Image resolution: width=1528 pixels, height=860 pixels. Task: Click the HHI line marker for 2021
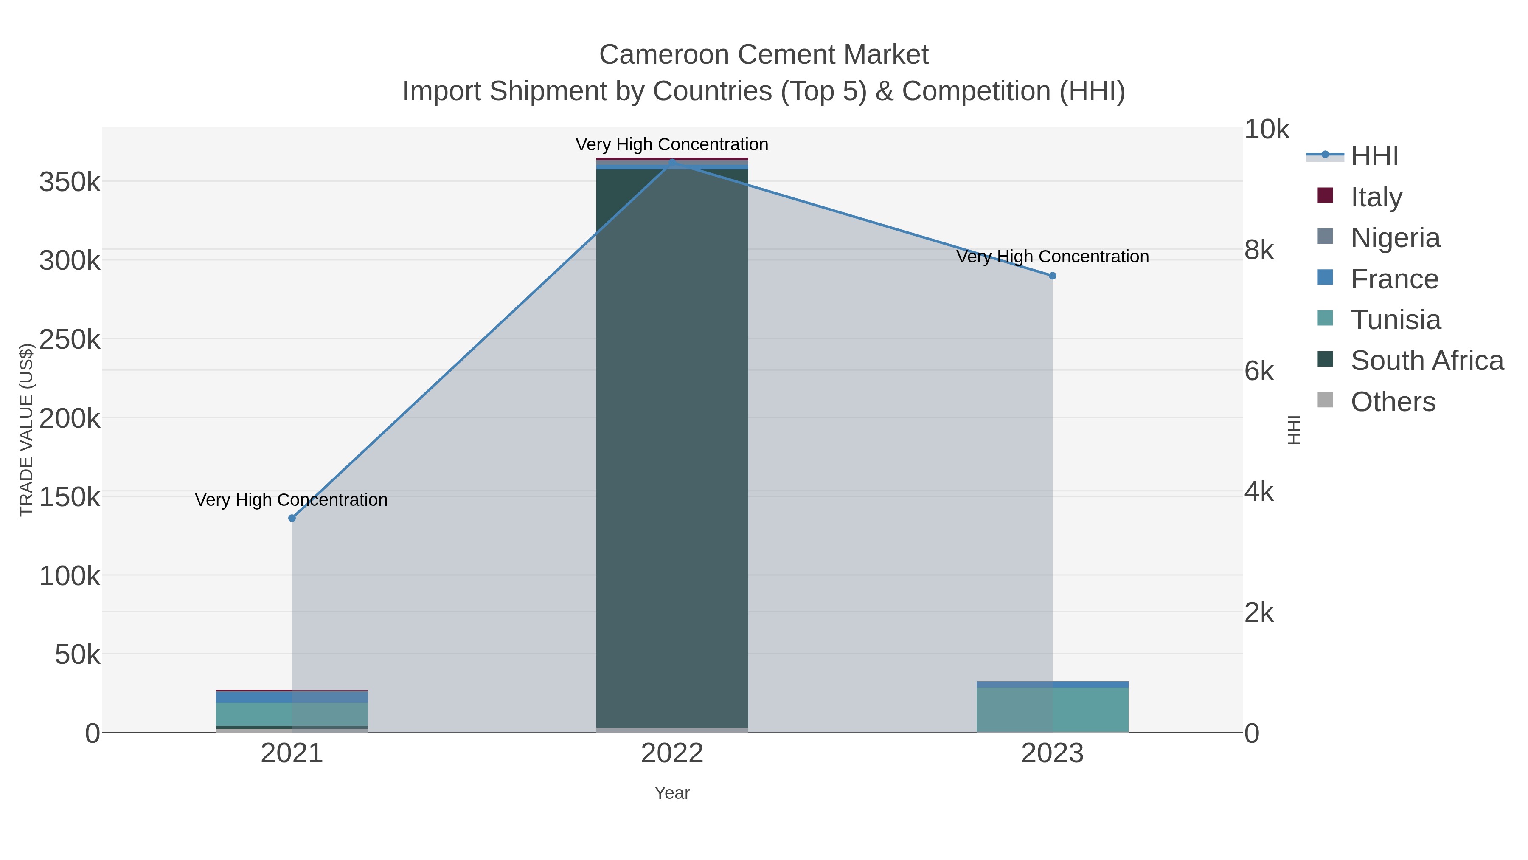[x=292, y=518]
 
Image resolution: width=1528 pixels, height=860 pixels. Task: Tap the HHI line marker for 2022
[x=672, y=162]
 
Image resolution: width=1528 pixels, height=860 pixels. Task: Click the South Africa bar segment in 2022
[x=672, y=445]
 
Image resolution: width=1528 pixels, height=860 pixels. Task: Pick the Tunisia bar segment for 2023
[x=1052, y=709]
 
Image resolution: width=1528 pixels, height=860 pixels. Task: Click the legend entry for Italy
[x=1376, y=197]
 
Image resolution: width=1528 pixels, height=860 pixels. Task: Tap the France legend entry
[x=1394, y=278]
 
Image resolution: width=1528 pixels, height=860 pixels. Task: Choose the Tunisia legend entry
[x=1395, y=319]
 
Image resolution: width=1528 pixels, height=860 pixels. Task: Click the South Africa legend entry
[x=1427, y=360]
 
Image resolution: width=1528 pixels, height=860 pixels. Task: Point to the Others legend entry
[x=1393, y=401]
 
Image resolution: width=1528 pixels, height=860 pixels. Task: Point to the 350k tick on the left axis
[x=70, y=182]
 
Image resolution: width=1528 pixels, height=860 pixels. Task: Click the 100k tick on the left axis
[x=70, y=576]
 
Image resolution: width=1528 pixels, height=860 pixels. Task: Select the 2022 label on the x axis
[x=672, y=753]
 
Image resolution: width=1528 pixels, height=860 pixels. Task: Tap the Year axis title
[x=672, y=793]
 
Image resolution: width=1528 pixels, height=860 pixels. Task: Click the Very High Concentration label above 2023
[x=1052, y=257]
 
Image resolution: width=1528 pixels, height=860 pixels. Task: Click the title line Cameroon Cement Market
[x=764, y=55]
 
